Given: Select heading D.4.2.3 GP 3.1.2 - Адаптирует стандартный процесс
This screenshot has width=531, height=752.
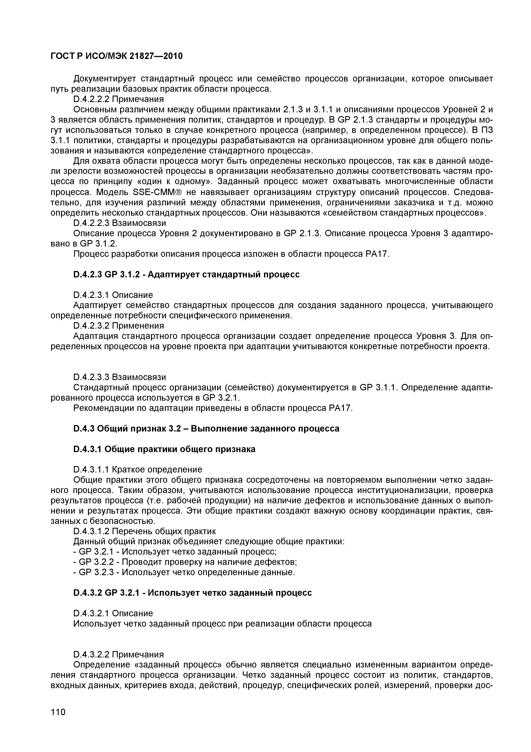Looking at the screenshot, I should [186, 274].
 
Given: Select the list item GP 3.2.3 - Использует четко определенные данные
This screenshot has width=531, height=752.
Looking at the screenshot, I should [184, 572].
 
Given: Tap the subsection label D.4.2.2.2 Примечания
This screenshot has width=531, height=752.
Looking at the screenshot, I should [118, 99].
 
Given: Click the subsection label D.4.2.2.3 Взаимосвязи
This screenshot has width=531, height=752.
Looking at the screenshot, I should [120, 223].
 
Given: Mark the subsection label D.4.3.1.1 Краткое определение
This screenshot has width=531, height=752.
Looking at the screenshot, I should [138, 469].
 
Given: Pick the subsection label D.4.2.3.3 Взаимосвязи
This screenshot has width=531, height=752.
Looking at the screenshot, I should [120, 377].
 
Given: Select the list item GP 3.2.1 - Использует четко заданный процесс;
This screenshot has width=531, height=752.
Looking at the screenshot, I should [175, 552].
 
